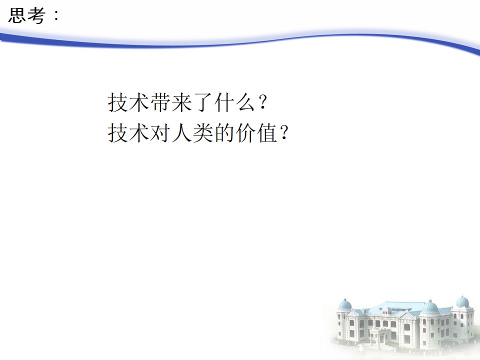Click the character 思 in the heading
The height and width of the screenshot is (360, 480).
(17, 15)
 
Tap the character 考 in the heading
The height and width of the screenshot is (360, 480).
(36, 15)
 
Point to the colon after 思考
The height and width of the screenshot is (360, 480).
(56, 15)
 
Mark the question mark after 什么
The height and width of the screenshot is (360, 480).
(263, 103)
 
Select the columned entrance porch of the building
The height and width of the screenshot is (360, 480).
(380, 336)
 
